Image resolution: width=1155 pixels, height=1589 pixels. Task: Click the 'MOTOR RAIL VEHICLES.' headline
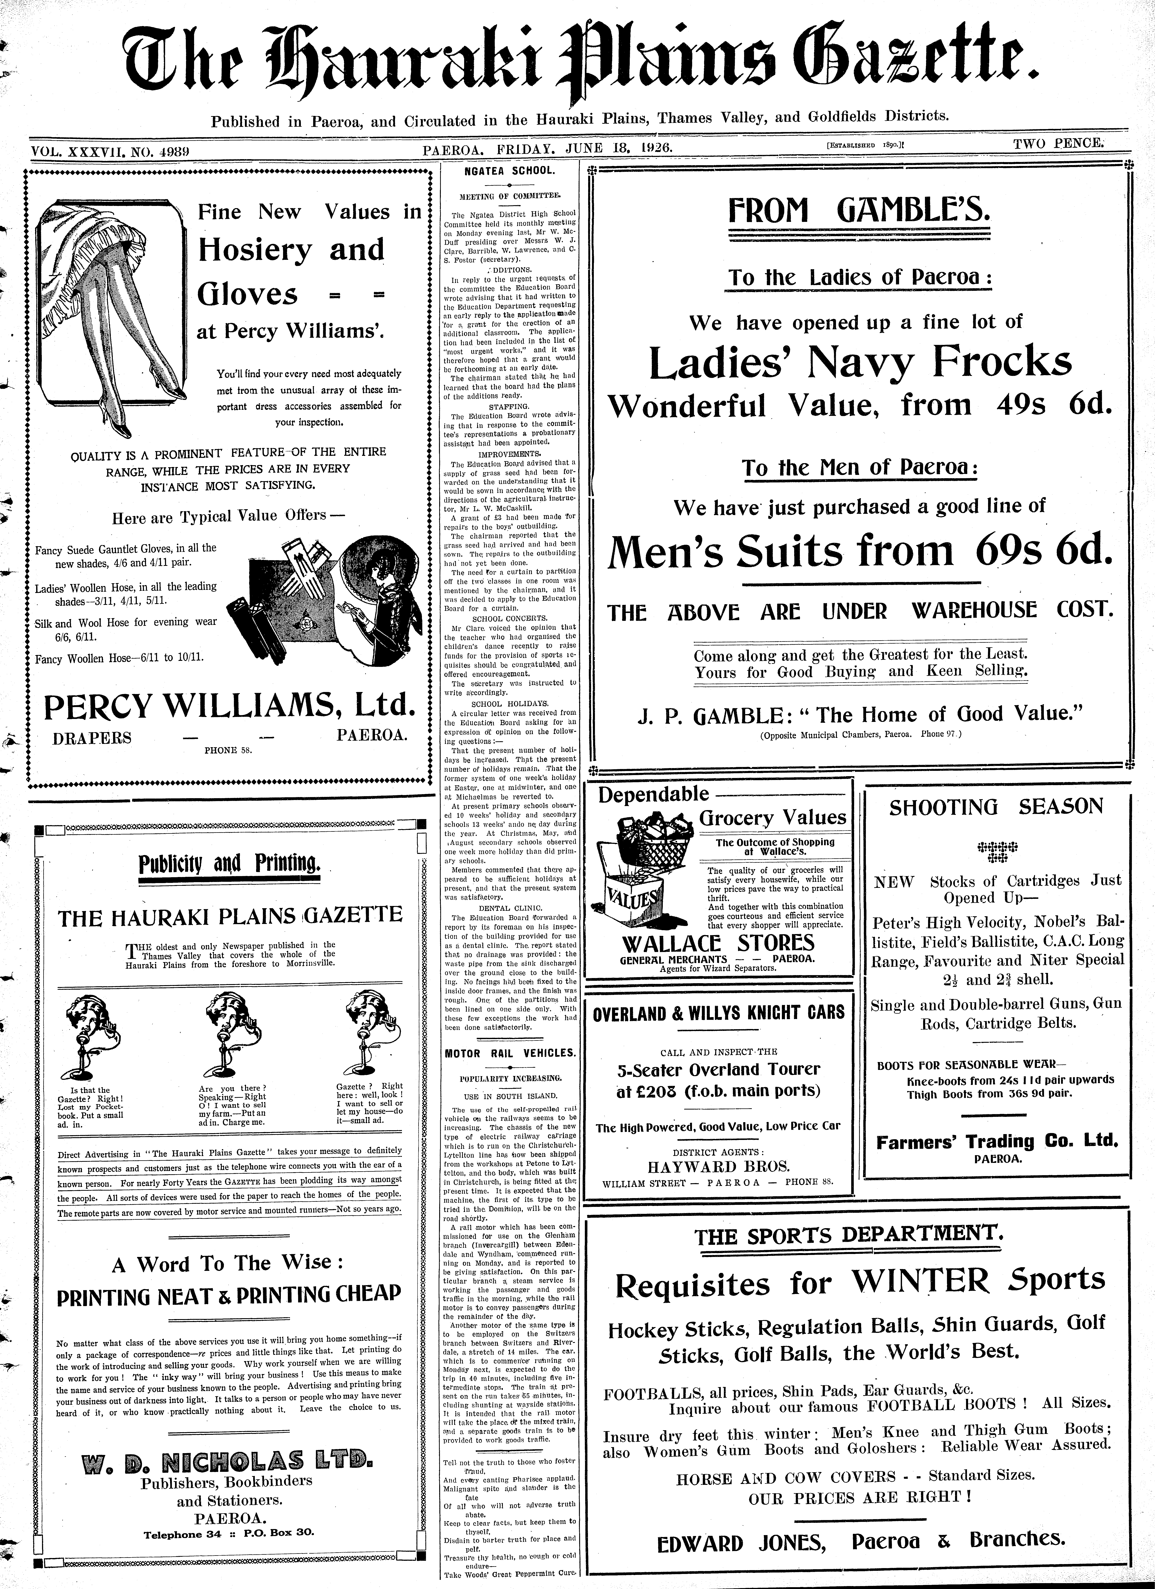tap(510, 1053)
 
